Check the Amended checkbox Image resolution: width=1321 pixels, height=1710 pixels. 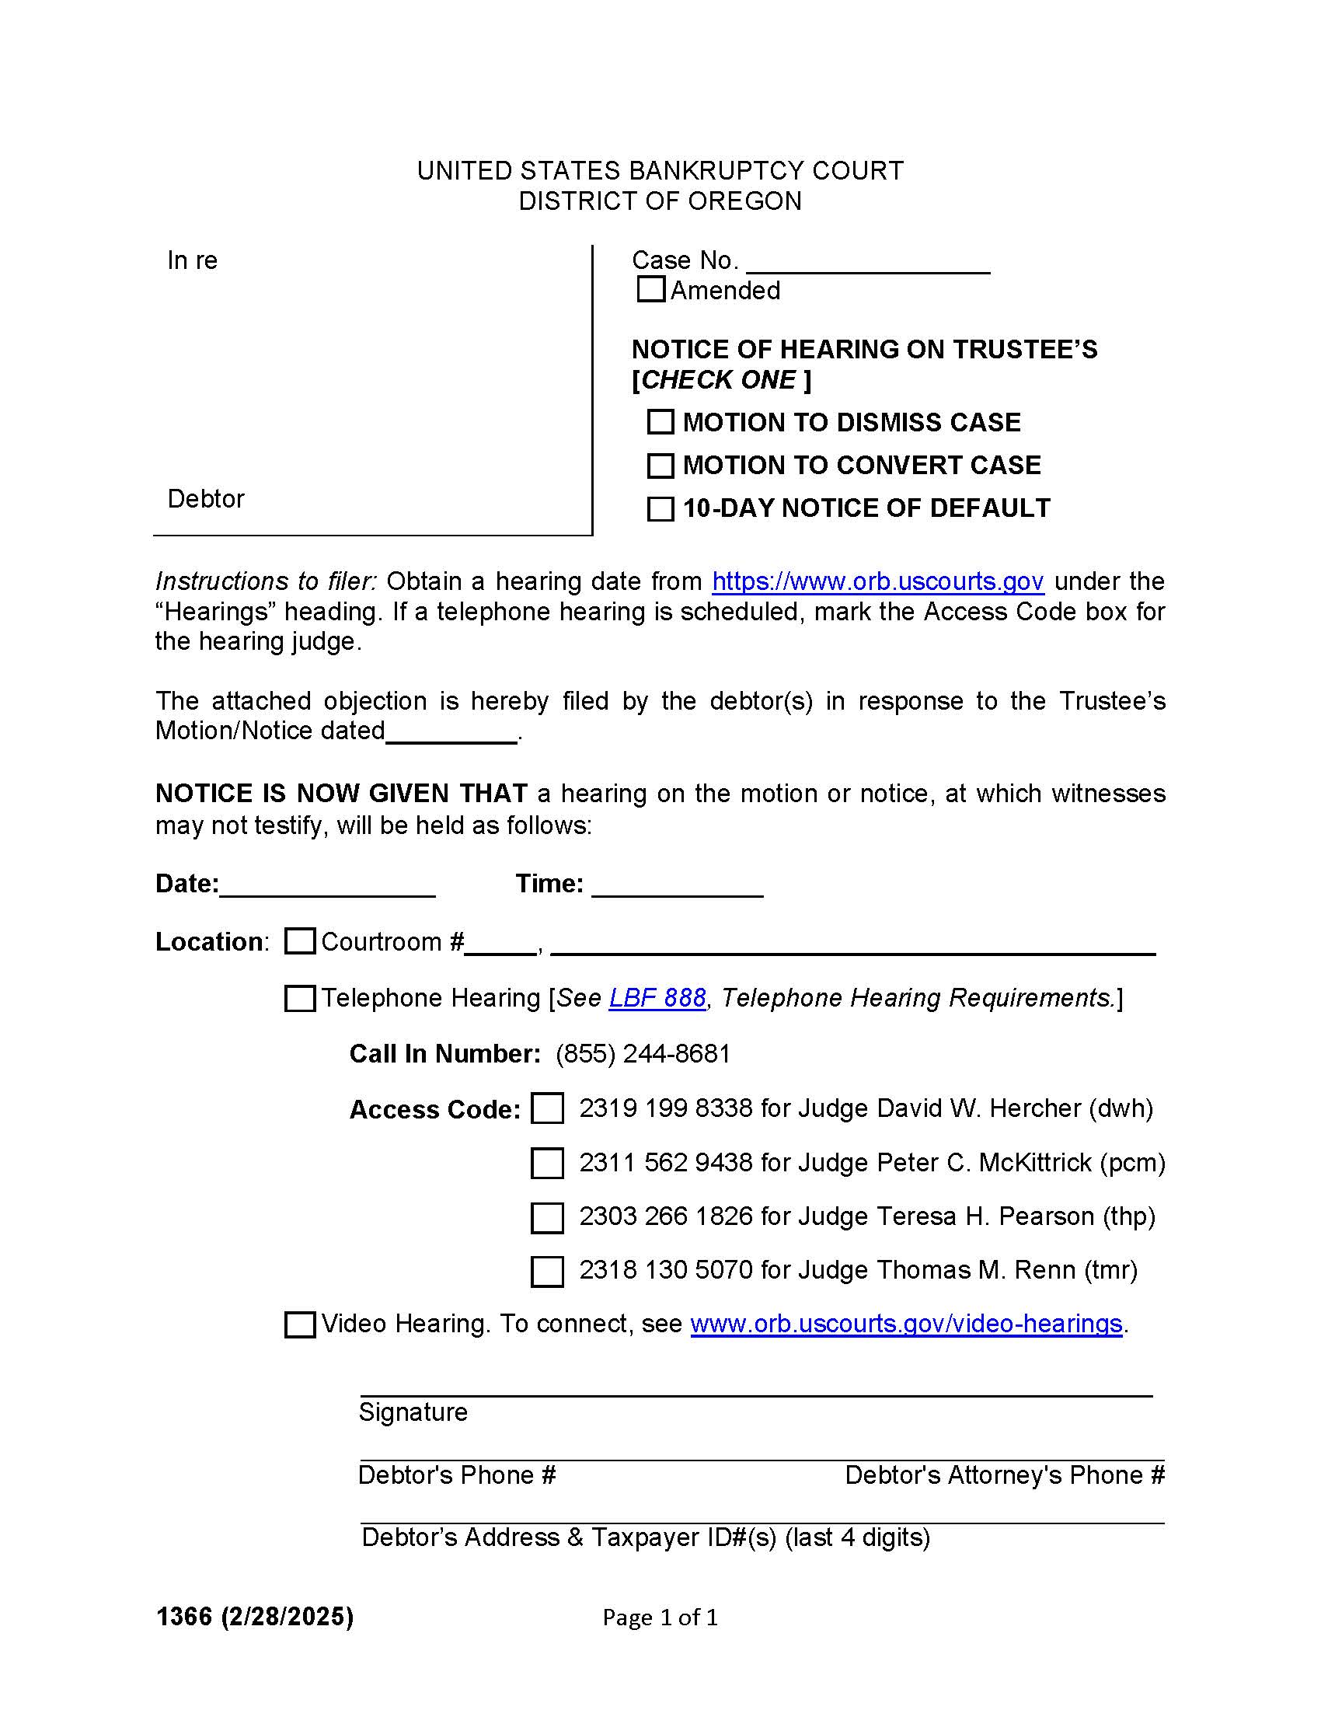[x=650, y=289]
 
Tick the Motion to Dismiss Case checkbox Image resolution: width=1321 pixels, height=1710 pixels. [x=660, y=422]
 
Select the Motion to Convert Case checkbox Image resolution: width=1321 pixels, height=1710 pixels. [x=660, y=465]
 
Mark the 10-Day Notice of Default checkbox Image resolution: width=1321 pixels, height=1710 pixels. [x=660, y=508]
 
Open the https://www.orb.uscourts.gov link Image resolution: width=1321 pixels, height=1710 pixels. [x=877, y=581]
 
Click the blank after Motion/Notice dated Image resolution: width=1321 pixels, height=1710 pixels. [x=451, y=732]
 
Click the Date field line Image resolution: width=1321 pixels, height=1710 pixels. [x=327, y=885]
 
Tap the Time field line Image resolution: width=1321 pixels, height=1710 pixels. [x=677, y=885]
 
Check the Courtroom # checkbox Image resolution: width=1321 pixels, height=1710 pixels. [x=300, y=940]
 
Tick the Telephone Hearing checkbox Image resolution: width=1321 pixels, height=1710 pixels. [x=300, y=998]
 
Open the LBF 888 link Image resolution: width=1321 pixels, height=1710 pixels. [x=657, y=997]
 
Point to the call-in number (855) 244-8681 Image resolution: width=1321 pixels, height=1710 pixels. [x=643, y=1053]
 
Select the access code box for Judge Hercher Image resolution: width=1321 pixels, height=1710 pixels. [x=547, y=1108]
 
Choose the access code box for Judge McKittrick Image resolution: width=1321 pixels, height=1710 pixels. [x=547, y=1163]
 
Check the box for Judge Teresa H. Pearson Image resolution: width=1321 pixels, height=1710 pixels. [x=547, y=1217]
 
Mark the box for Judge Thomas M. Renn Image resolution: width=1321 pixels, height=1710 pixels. [x=547, y=1272]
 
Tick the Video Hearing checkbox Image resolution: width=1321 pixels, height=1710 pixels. [x=300, y=1324]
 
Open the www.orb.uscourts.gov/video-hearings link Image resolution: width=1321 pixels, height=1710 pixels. [x=906, y=1323]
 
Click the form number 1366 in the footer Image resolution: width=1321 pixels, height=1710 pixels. [x=184, y=1616]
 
